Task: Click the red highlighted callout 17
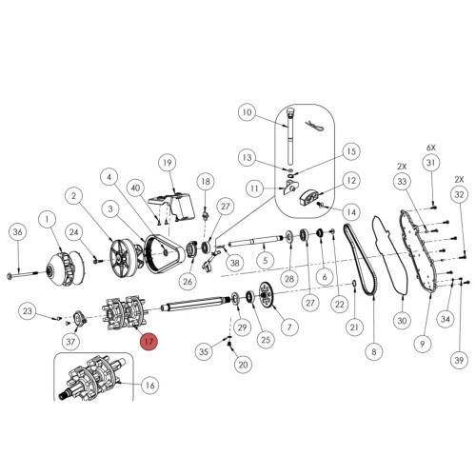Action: point(149,342)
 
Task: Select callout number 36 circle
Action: point(16,232)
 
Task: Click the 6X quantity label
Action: point(430,149)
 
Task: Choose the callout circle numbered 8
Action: point(373,352)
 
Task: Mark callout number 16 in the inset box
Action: point(149,385)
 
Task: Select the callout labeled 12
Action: point(350,180)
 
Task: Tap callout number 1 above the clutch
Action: point(45,220)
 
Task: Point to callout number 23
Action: point(28,310)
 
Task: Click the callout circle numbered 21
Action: point(354,328)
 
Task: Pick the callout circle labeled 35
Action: point(203,351)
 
